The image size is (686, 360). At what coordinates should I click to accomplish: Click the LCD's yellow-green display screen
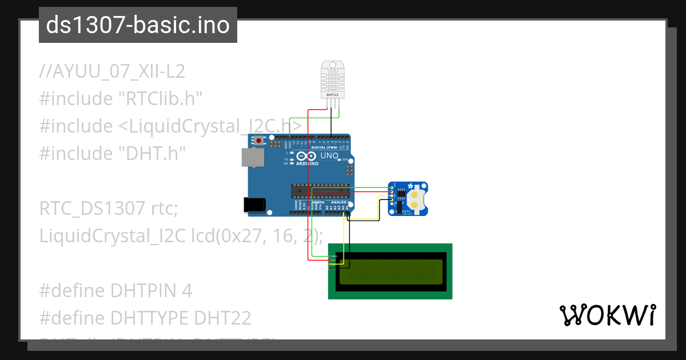coord(390,271)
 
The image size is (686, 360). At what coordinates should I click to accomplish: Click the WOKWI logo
coord(607,315)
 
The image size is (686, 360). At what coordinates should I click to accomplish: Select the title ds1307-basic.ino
coord(138,25)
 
